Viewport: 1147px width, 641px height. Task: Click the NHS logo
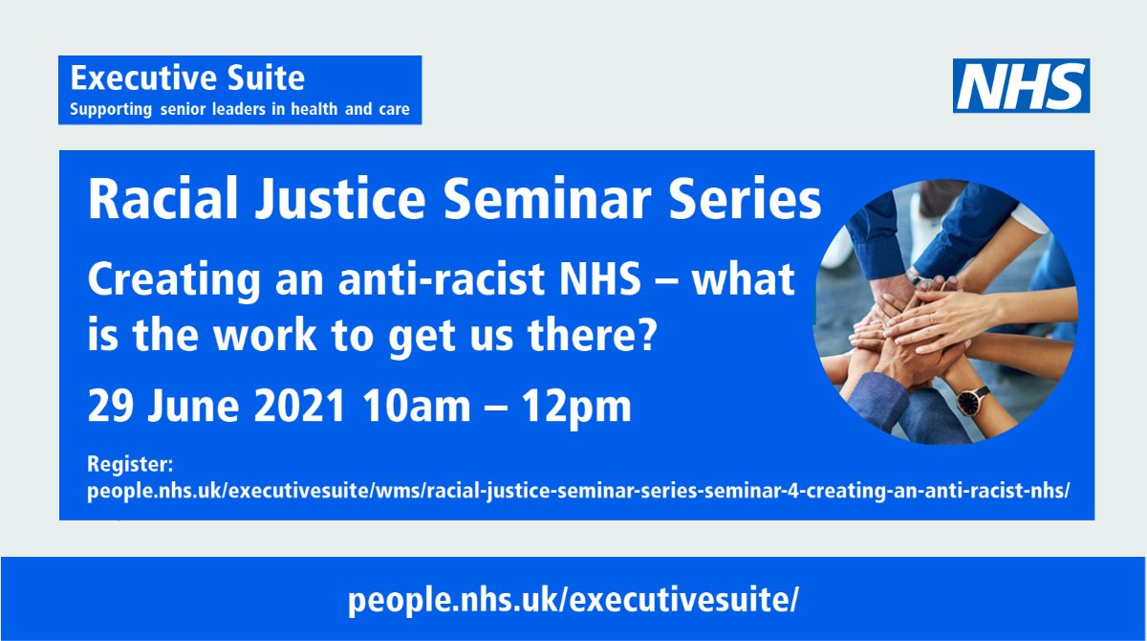click(x=1021, y=85)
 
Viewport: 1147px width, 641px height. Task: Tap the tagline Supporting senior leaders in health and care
click(x=239, y=109)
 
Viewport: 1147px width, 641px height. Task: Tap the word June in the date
click(x=186, y=407)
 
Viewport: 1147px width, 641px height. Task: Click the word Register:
click(x=129, y=465)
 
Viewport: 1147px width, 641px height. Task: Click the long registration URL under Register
click(x=576, y=491)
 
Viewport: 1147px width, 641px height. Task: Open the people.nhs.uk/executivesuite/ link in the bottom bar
click(x=573, y=600)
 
